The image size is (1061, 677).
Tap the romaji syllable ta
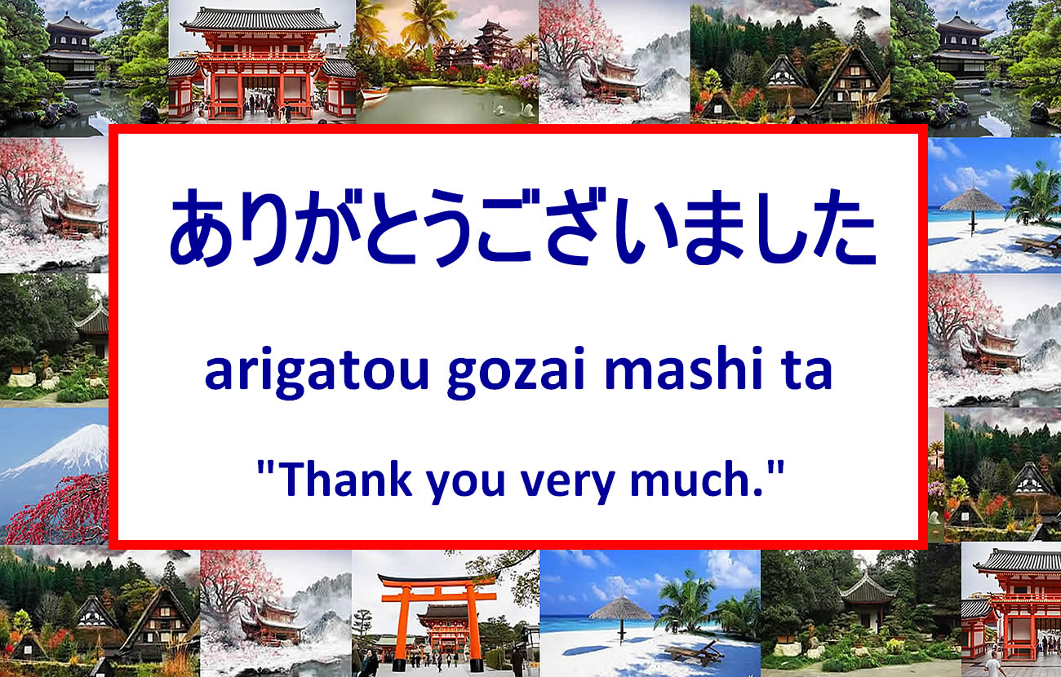point(806,370)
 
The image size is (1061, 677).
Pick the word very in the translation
point(568,485)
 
